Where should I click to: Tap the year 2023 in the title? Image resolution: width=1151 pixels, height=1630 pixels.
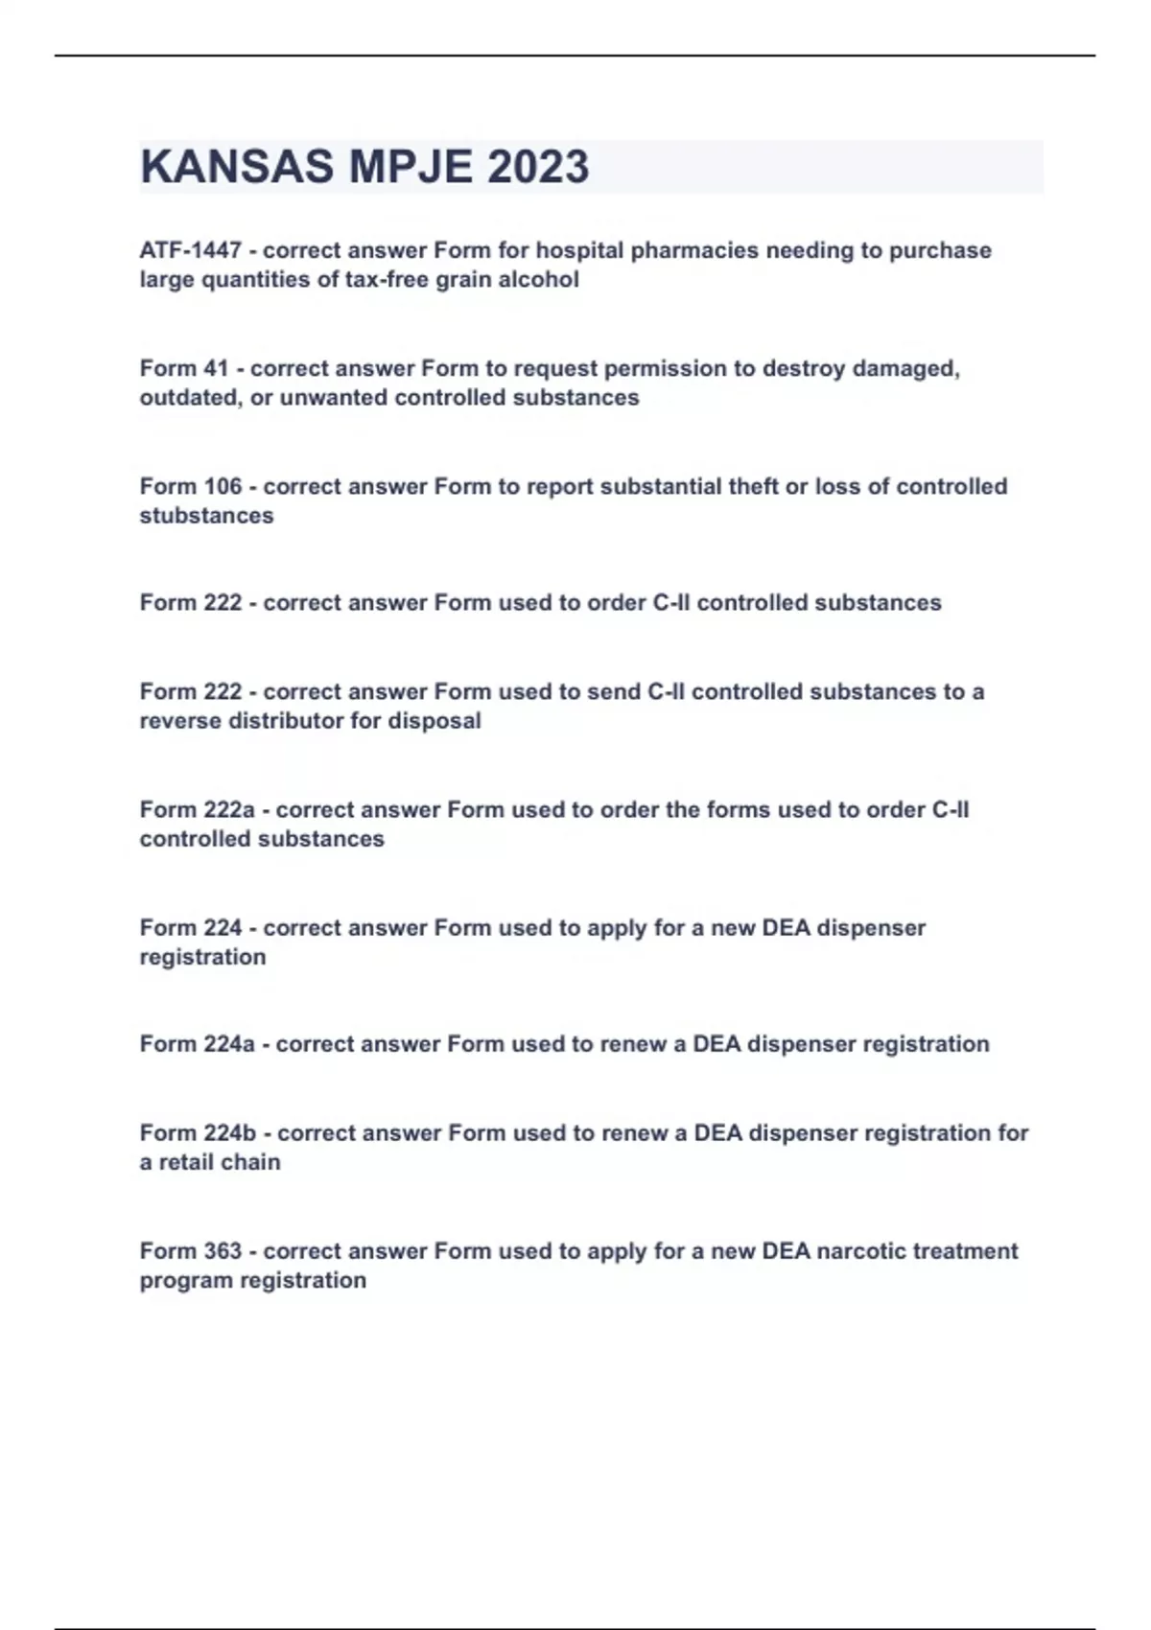(x=538, y=167)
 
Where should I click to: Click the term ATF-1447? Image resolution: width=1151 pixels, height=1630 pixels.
(x=190, y=250)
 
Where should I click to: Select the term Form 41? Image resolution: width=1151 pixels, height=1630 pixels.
(x=184, y=368)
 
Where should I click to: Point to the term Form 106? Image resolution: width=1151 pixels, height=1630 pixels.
(x=190, y=486)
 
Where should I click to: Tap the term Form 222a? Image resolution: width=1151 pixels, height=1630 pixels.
(x=197, y=809)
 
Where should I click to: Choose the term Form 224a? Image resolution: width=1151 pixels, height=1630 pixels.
(x=197, y=1043)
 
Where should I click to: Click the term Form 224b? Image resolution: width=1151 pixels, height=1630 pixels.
(x=198, y=1132)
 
